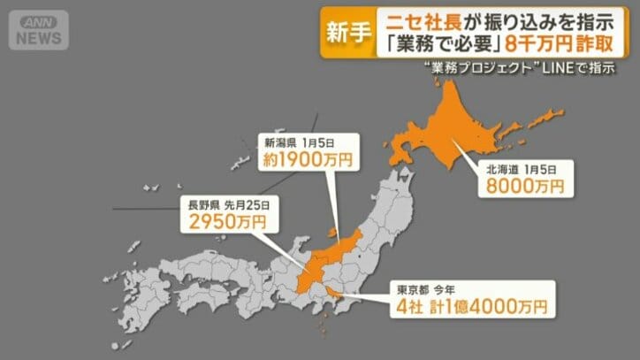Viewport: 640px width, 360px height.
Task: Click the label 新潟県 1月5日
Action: [x=297, y=141]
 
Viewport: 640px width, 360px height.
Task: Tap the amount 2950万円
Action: [x=222, y=220]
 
